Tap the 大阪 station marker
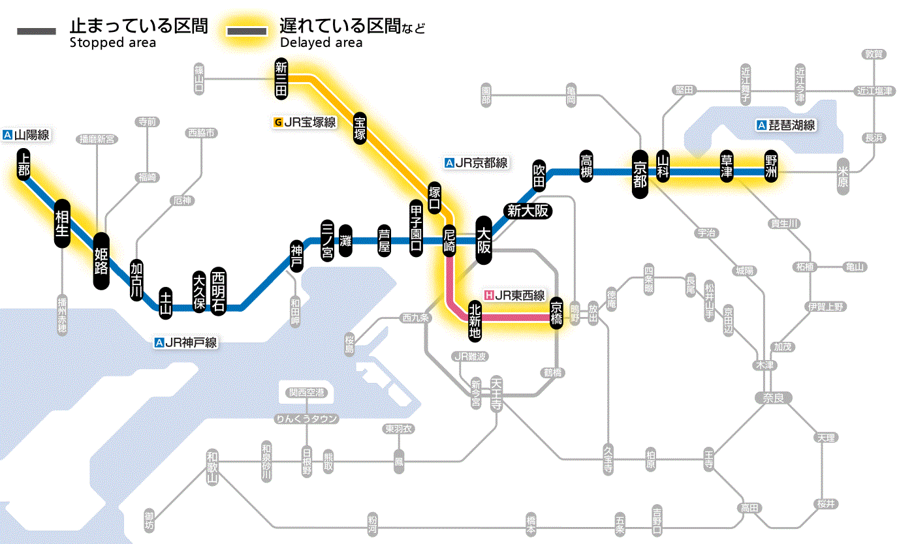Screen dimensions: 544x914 click(484, 241)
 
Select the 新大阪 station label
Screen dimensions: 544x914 click(528, 211)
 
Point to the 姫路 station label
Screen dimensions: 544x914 click(101, 261)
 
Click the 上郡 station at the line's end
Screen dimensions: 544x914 click(24, 165)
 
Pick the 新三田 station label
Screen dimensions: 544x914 click(281, 79)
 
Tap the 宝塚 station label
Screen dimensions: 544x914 click(360, 128)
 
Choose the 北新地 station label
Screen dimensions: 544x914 click(475, 320)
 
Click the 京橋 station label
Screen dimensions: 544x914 click(556, 312)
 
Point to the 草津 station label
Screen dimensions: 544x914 click(727, 167)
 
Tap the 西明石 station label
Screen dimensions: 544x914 click(217, 291)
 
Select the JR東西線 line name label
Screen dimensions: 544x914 click(514, 295)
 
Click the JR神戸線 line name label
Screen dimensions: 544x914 click(186, 342)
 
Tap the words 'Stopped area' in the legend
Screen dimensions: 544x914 click(113, 43)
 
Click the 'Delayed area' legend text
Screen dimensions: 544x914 click(321, 43)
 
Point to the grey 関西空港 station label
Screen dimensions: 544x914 click(307, 393)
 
